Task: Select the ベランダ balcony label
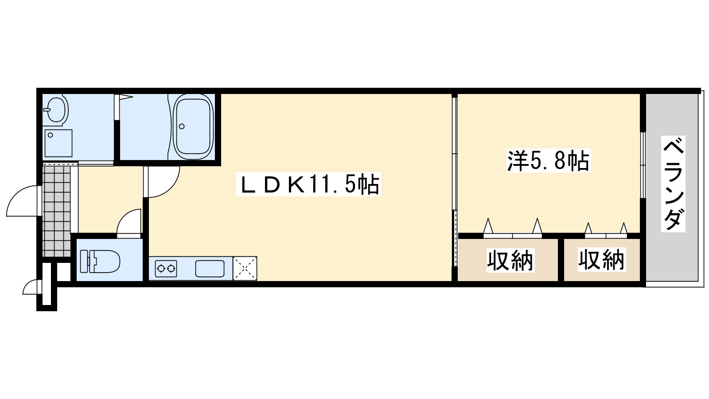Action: tap(673, 184)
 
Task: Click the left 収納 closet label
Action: tap(510, 260)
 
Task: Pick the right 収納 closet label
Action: tap(601, 259)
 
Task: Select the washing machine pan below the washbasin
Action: tap(58, 143)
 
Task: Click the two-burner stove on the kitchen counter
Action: tap(166, 268)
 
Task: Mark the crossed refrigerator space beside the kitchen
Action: tap(245, 268)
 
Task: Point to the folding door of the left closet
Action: tap(513, 231)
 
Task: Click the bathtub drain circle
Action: tap(182, 126)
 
